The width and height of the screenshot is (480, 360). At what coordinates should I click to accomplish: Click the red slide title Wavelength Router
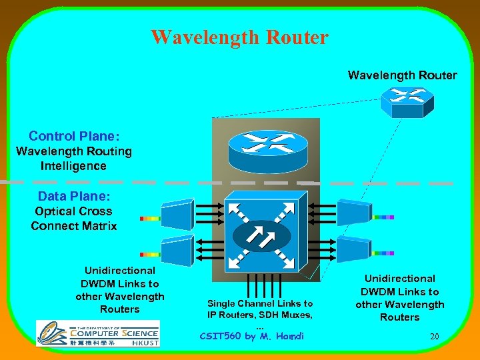click(239, 37)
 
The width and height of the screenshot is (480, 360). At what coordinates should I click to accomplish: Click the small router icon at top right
click(407, 102)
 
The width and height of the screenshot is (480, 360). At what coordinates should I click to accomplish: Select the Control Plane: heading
click(74, 136)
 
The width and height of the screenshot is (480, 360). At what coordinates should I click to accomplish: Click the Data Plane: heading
click(74, 196)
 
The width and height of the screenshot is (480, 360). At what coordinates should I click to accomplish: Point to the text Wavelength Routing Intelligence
click(74, 159)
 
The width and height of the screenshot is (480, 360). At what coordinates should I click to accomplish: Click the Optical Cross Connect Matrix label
click(74, 219)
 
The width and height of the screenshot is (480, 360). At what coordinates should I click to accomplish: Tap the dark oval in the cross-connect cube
click(262, 237)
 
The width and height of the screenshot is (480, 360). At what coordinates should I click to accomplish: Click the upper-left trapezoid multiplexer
click(177, 215)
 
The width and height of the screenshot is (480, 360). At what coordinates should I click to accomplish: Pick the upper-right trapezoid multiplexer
click(353, 212)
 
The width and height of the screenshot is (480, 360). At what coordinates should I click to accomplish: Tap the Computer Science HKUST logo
click(97, 333)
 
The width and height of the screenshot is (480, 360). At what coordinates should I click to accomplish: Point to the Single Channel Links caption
click(260, 309)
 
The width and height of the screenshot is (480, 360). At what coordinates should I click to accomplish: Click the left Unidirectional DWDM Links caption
click(120, 290)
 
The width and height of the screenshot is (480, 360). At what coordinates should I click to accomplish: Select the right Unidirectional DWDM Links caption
click(400, 297)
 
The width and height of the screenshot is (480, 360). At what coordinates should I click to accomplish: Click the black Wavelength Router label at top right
click(402, 75)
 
